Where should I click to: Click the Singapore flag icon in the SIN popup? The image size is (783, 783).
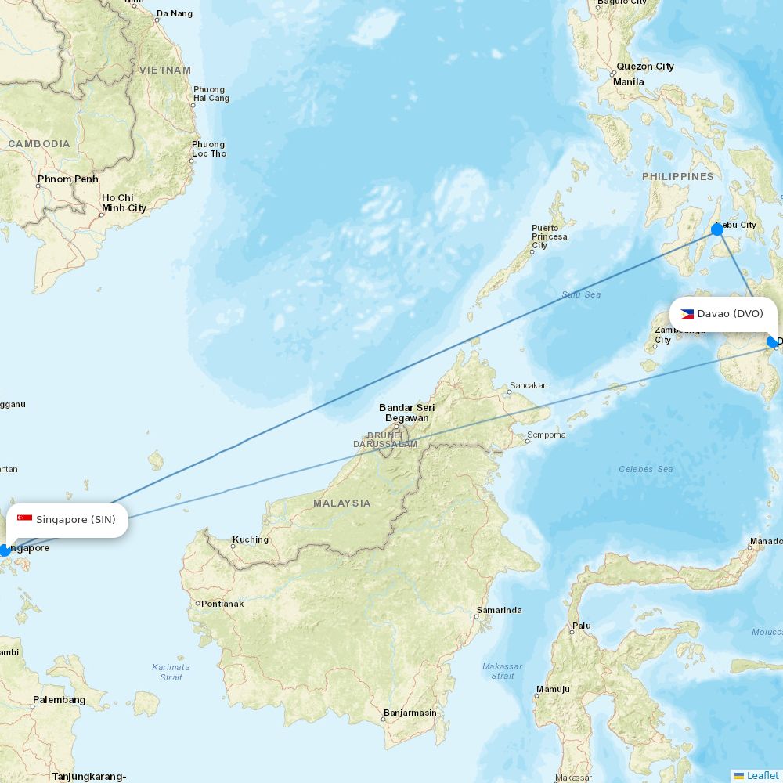pos(24,519)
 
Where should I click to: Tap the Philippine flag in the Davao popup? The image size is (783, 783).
pos(687,314)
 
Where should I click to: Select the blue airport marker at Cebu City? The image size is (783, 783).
pos(717,229)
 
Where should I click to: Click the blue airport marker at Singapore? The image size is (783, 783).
pos(5,550)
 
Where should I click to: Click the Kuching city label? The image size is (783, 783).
pos(251,539)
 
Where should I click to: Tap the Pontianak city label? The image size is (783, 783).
pos(222,604)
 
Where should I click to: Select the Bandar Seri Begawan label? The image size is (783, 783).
pos(406,413)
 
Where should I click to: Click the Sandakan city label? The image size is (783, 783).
pos(529,385)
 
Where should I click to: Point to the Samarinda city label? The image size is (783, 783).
pos(500,610)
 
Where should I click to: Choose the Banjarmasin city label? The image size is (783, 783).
pos(410,713)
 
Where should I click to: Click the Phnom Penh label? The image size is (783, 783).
pos(68,179)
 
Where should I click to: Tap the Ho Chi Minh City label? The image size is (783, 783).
pos(124,203)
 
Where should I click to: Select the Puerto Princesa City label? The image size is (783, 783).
pos(550,236)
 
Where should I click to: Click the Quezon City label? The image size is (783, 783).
pos(645,67)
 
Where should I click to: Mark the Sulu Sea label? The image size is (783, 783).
pos(581,294)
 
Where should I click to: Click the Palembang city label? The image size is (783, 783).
pos(60,699)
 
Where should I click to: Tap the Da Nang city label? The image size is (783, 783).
pos(175,13)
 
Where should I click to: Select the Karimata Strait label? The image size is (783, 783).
pos(171,672)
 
